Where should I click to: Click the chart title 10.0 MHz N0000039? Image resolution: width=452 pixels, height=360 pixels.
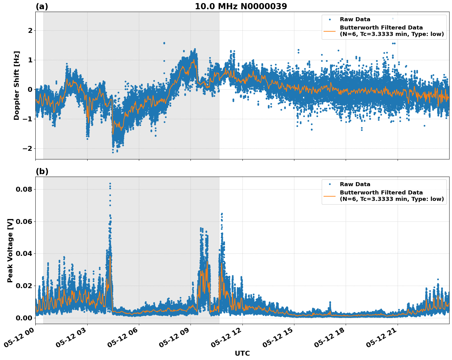tap(241, 6)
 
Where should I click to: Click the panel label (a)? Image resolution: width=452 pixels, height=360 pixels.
tap(42, 6)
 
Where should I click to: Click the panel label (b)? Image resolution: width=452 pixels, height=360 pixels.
tap(42, 171)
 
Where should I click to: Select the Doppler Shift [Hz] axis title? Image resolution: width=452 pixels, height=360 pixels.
tap(17, 85)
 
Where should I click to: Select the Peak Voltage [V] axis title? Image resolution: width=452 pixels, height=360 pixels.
tap(10, 250)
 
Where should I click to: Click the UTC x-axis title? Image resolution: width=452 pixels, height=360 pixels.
tap(242, 353)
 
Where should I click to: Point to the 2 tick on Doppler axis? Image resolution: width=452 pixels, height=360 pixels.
tap(30, 30)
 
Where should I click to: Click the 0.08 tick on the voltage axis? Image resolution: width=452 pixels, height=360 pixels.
tap(24, 189)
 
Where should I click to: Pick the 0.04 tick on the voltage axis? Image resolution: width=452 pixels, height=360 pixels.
tap(24, 253)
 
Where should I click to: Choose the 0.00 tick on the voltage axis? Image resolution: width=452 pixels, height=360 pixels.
tap(24, 318)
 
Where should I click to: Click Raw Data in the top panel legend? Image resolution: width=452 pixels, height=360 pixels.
tap(355, 19)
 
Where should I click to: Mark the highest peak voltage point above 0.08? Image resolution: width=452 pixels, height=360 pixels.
tap(110, 184)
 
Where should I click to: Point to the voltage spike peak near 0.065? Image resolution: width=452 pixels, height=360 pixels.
tap(222, 213)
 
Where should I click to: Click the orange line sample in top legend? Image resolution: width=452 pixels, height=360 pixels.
tap(329, 31)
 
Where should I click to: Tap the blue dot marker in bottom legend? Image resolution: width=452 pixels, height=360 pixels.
tap(329, 184)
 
